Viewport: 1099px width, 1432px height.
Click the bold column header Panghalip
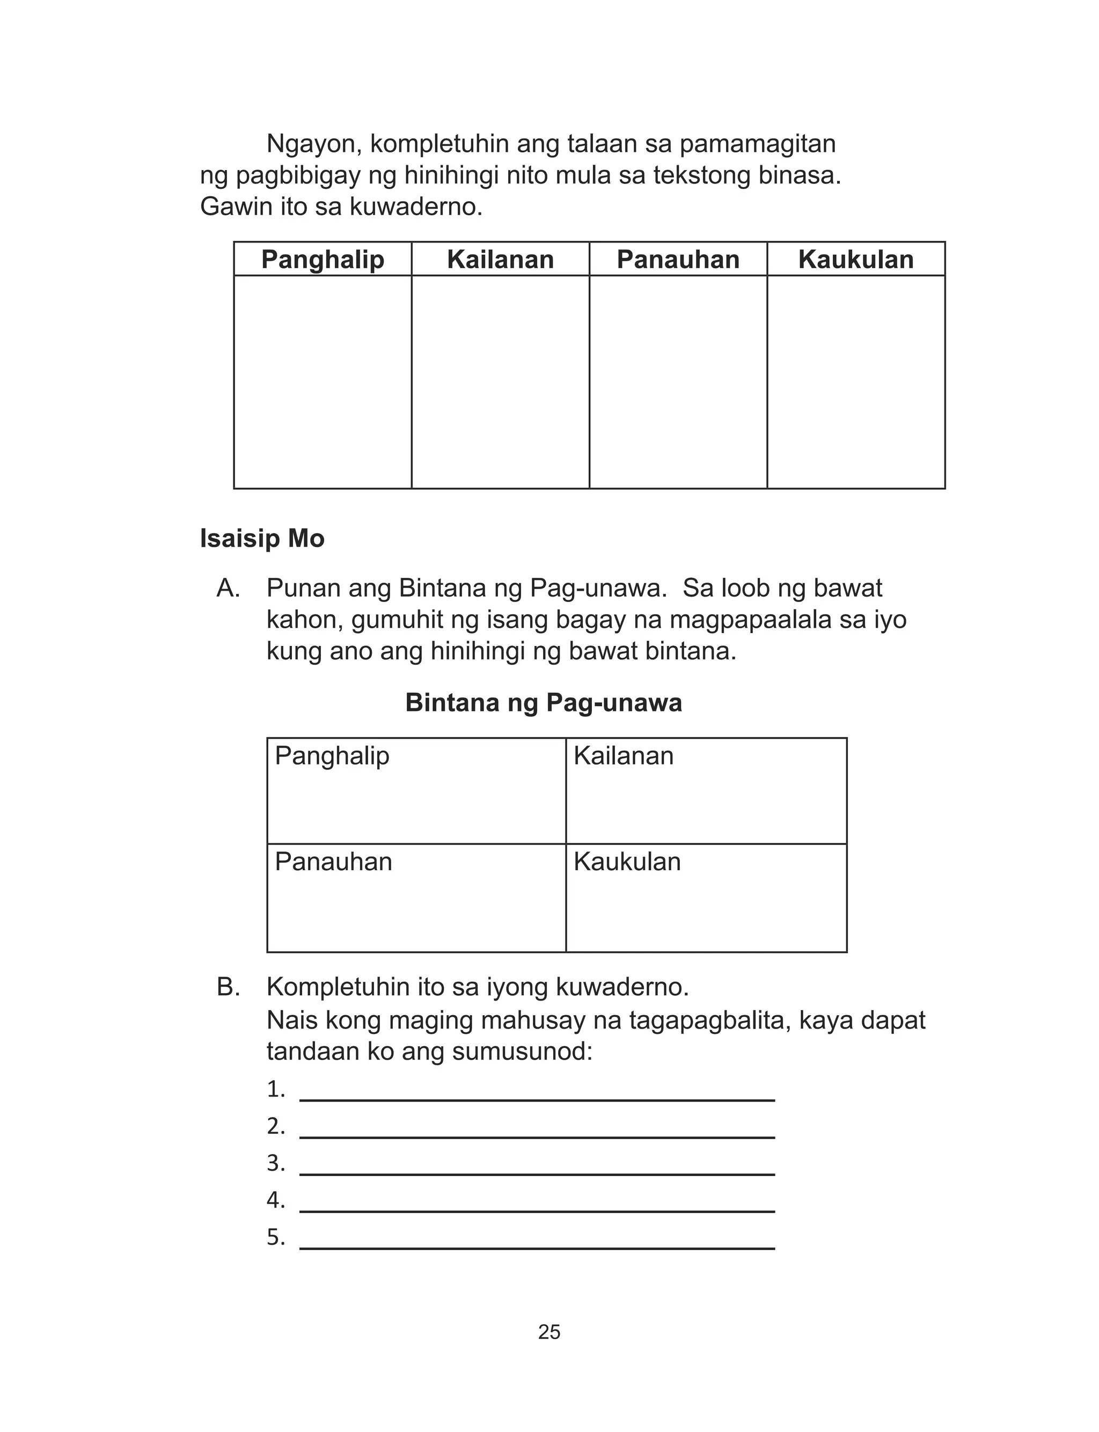(x=323, y=260)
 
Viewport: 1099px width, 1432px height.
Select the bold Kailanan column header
(x=501, y=260)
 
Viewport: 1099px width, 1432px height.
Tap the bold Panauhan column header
(x=678, y=260)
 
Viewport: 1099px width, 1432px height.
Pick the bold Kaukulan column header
(x=856, y=260)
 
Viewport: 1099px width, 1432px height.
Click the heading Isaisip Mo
(x=262, y=539)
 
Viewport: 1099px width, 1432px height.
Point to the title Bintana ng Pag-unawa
(x=544, y=703)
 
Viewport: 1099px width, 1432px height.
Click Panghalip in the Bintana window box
(x=332, y=756)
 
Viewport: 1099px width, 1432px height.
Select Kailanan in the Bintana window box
(x=624, y=756)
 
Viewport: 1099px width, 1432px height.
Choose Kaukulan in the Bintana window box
(x=627, y=862)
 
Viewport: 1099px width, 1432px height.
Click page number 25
(x=549, y=1332)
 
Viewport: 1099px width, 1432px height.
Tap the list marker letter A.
(x=228, y=589)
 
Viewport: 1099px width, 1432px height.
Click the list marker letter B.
(x=228, y=987)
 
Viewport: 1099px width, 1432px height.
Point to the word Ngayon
(x=314, y=144)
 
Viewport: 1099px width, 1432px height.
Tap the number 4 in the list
(x=275, y=1201)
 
